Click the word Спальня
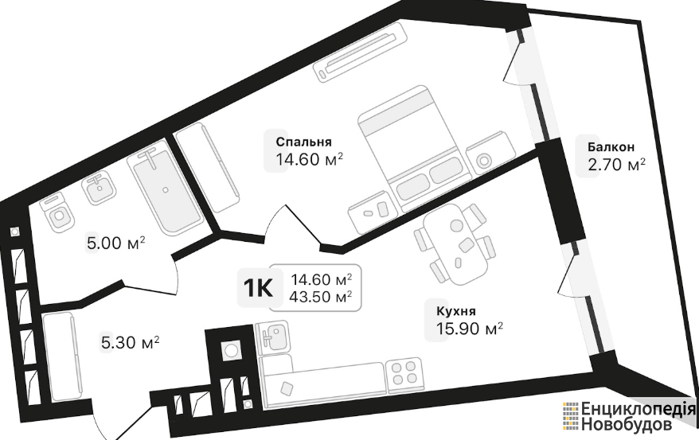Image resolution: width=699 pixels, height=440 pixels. [303, 142]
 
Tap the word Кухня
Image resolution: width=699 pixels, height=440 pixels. [456, 311]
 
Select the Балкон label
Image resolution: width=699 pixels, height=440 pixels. [611, 147]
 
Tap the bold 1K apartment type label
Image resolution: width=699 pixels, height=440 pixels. [258, 289]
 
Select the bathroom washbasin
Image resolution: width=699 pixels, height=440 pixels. [99, 189]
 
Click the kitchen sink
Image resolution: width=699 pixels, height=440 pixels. [273, 338]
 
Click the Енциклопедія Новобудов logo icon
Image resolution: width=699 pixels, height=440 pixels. [570, 416]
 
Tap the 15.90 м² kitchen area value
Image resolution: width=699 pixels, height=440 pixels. [470, 329]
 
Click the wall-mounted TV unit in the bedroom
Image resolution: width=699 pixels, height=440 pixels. [361, 51]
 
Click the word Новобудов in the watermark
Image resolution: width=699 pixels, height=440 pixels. [627, 424]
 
